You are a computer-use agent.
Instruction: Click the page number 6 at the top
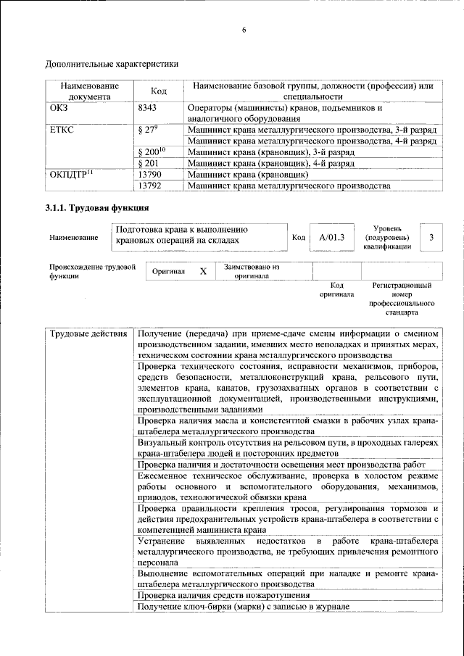tap(244, 30)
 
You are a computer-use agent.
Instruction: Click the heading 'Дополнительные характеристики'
tap(112, 64)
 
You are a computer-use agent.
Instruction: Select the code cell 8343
tap(147, 107)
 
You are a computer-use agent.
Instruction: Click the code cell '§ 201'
tap(148, 164)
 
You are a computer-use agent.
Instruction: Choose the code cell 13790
tap(149, 175)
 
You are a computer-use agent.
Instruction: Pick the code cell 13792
tap(149, 186)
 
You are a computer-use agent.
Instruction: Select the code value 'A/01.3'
tap(331, 237)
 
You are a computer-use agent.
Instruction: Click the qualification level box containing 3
tap(431, 237)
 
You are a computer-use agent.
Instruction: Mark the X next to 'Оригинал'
tap(203, 271)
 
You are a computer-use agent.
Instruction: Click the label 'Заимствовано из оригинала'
tap(252, 271)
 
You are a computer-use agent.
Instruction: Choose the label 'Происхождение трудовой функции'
tap(93, 271)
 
